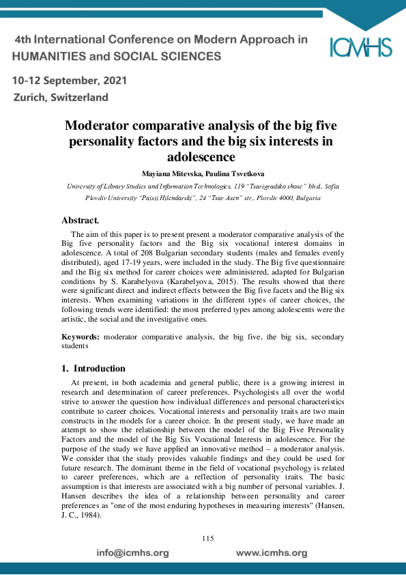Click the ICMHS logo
point(361,46)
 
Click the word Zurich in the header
point(31,98)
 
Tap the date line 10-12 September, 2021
point(70,81)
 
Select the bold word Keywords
point(81,337)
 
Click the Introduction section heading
point(99,369)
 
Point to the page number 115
point(208,539)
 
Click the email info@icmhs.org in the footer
point(132,552)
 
